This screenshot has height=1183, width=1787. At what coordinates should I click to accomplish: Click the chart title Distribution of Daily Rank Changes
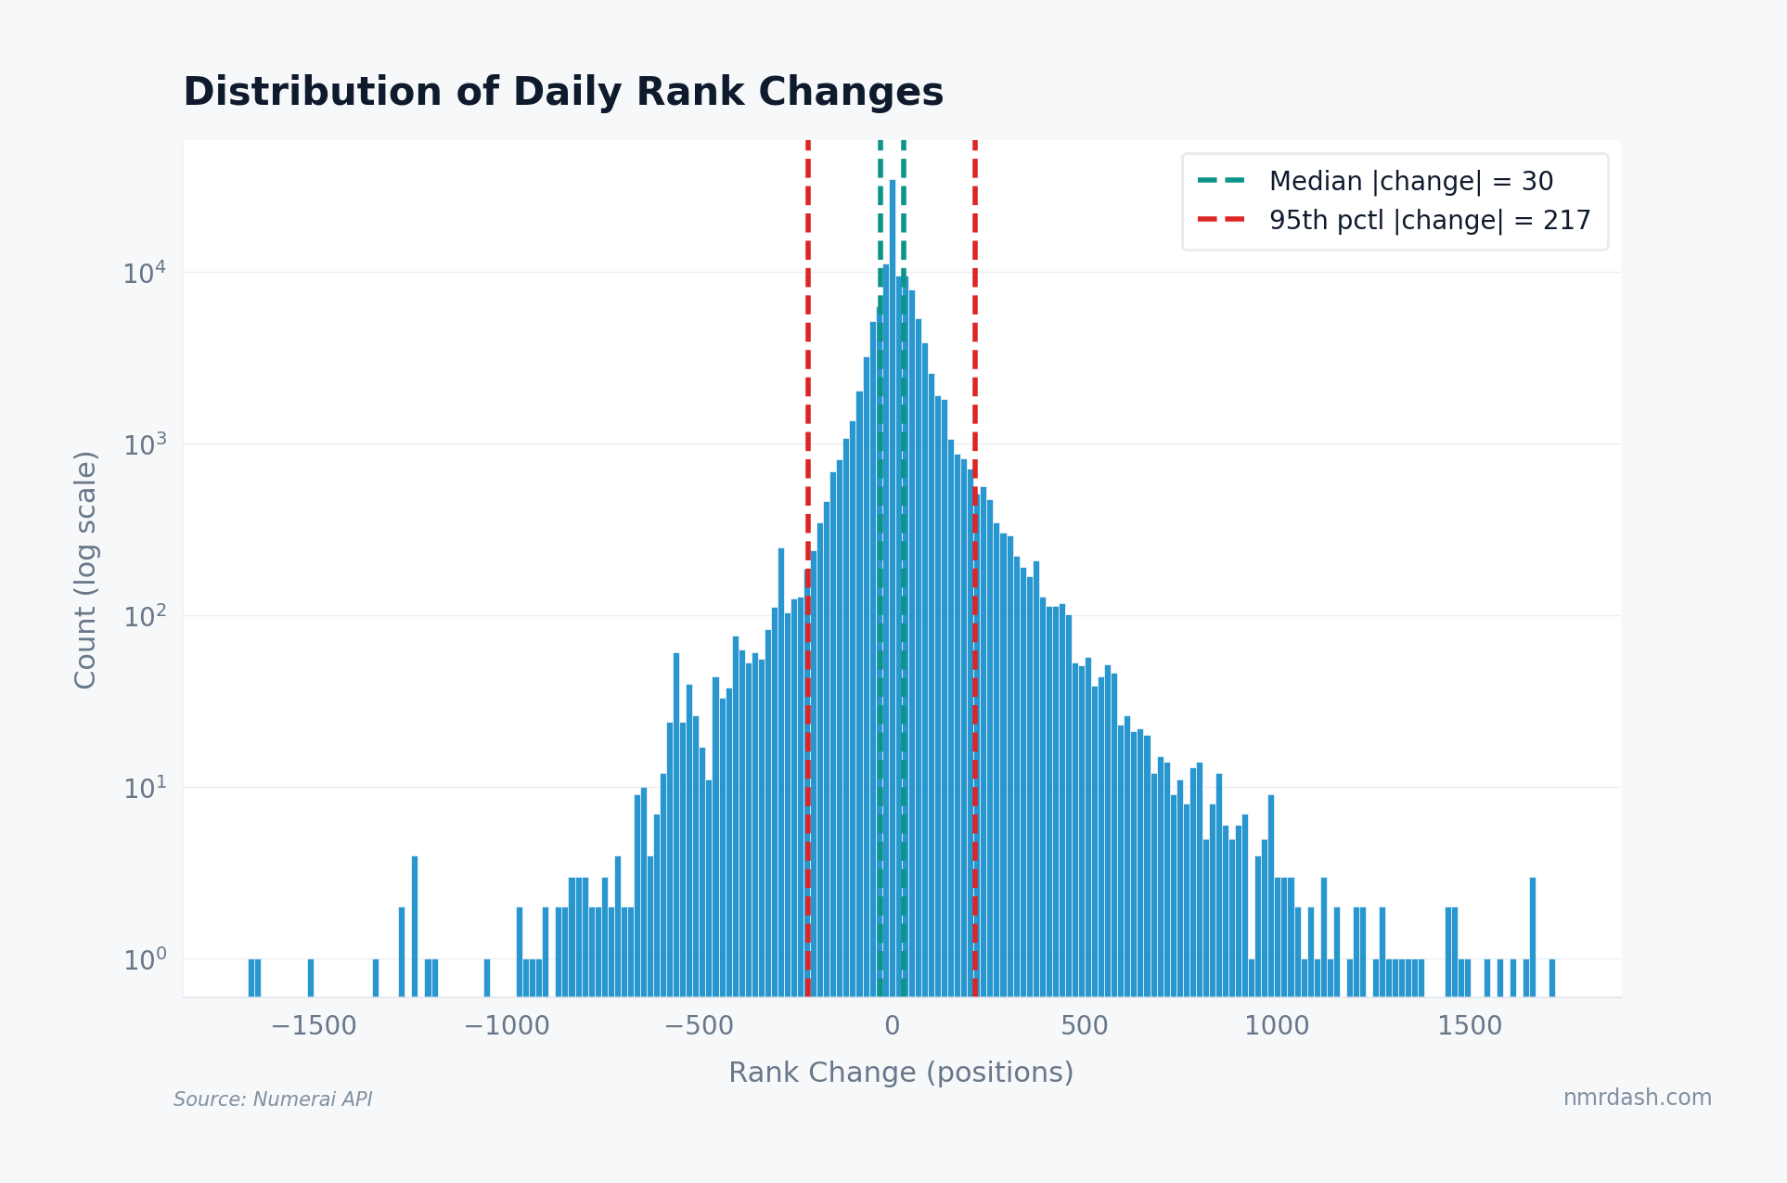(562, 93)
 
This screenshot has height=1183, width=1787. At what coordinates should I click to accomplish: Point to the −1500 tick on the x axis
(314, 1026)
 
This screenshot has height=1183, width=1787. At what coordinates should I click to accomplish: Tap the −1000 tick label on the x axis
(507, 1026)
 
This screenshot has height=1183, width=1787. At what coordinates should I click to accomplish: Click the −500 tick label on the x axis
(699, 1026)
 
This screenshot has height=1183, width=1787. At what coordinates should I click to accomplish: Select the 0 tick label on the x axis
(892, 1026)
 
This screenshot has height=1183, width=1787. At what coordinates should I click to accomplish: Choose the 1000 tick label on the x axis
(1277, 1026)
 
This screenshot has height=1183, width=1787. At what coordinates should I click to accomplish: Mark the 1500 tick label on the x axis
(1469, 1026)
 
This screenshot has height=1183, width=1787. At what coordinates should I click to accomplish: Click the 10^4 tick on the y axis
(145, 274)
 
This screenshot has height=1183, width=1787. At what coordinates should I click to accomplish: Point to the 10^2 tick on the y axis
(145, 617)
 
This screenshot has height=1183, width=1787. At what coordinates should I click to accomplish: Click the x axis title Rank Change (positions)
(900, 1073)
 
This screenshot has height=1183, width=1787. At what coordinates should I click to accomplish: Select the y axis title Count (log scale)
(85, 570)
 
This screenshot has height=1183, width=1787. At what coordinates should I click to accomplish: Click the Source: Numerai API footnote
(273, 1099)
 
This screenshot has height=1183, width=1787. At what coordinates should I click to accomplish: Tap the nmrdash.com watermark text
(1637, 1098)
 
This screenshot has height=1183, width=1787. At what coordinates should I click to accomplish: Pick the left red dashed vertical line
(808, 371)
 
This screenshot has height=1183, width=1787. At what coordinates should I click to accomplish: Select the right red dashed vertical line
(975, 371)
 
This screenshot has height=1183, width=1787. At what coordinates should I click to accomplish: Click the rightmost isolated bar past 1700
(1552, 978)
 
